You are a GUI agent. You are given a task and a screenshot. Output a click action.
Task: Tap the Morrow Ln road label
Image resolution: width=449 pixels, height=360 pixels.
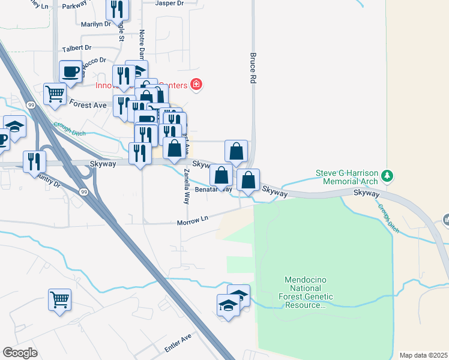[192, 222]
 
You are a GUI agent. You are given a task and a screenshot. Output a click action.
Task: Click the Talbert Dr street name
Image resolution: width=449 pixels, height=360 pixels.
[76, 47]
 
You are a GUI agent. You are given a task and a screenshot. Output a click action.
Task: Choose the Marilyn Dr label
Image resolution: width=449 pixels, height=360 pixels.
[96, 25]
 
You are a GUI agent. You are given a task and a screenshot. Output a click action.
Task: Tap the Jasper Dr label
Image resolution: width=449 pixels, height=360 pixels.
[169, 4]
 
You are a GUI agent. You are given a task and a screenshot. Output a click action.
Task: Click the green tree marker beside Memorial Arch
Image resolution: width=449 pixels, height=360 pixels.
[388, 175]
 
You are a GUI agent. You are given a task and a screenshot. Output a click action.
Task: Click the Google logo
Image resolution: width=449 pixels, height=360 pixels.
[20, 353]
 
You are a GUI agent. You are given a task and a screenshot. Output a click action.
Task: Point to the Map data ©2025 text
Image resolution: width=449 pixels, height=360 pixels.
[423, 355]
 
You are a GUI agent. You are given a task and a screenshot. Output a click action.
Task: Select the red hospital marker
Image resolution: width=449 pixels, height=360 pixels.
[195, 85]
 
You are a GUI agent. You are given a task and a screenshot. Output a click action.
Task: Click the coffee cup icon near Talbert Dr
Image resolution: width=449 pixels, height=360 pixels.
[70, 72]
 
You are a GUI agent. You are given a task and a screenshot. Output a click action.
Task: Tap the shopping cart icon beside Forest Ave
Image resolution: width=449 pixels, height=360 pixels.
[55, 94]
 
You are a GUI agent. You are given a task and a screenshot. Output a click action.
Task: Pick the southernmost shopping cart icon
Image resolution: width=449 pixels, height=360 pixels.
[59, 299]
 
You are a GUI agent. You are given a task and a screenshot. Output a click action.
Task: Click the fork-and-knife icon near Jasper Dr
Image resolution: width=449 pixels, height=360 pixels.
[117, 8]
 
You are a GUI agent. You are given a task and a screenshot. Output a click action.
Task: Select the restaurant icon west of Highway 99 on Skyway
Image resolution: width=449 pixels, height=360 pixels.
[34, 160]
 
